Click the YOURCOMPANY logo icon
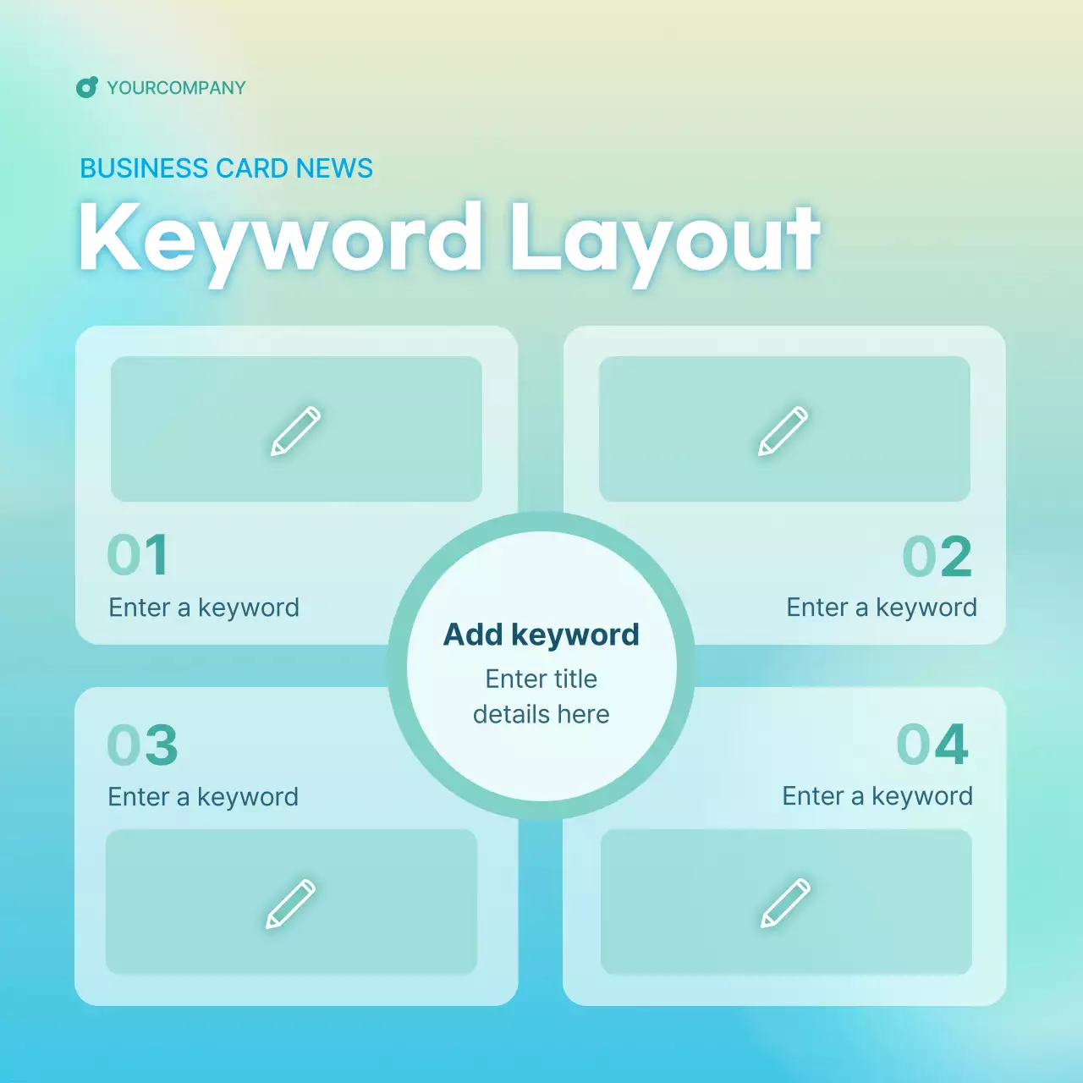coord(86,87)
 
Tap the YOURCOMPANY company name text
coord(176,88)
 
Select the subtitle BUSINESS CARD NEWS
coord(226,168)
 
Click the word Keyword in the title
coord(280,239)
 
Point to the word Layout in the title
coord(664,239)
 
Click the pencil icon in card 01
coord(295,431)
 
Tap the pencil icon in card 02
coord(783,431)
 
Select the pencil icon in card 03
coord(290,904)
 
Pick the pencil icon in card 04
coord(785,903)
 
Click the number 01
coord(138,555)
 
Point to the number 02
coord(937,557)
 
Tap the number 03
coord(142,745)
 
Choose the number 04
coord(932,745)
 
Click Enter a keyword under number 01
coord(204,607)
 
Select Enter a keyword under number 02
coord(882,607)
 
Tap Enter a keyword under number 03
coord(203,797)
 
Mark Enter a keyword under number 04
coord(877,796)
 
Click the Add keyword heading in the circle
coord(541,635)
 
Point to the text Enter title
coord(541,679)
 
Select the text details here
coord(541,714)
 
